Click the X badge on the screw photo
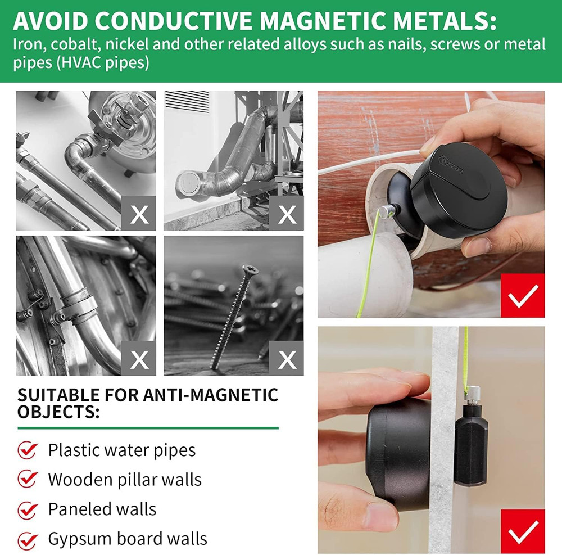[x=287, y=358]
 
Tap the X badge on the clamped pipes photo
[x=139, y=358]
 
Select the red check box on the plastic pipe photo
[x=524, y=295]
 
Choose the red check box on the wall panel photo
[x=524, y=531]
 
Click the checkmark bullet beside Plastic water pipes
[x=28, y=450]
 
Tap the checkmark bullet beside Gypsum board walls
[x=28, y=540]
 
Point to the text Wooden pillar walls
[x=124, y=480]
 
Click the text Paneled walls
[x=102, y=509]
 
